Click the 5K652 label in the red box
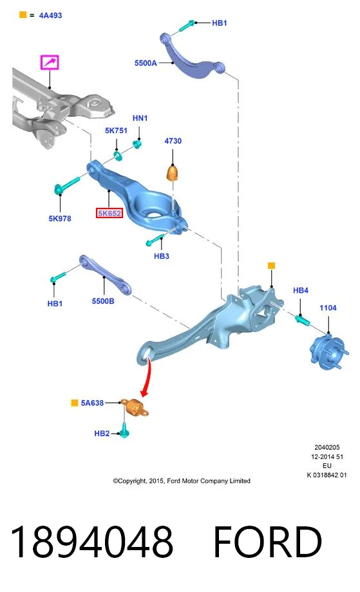pos(109,214)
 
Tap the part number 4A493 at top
pos(51,15)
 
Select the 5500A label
pos(146,63)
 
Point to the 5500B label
pos(103,301)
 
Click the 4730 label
pos(173,141)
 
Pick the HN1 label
pos(140,118)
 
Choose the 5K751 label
pos(117,130)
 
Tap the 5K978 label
pos(60,218)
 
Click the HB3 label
pos(161,256)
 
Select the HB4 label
pos(301,290)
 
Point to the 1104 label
pos(328,308)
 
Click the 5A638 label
pos(92,403)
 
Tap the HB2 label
pos(102,434)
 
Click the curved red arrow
pos(147,378)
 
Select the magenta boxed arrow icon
pos(50,62)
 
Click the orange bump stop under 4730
pos(173,173)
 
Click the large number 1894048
pos(92,541)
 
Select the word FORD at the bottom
pos(268,541)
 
